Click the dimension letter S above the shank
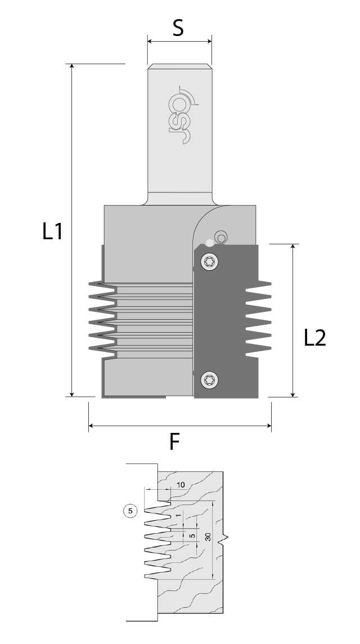click(x=178, y=27)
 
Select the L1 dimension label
click(x=53, y=231)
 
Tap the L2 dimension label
click(x=315, y=338)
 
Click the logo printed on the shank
click(x=184, y=115)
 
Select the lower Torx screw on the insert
click(x=210, y=380)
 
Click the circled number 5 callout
click(x=130, y=511)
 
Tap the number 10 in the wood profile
click(x=181, y=485)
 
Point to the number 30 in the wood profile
click(x=208, y=537)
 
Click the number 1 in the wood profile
click(x=179, y=516)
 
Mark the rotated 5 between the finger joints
click(x=192, y=536)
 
